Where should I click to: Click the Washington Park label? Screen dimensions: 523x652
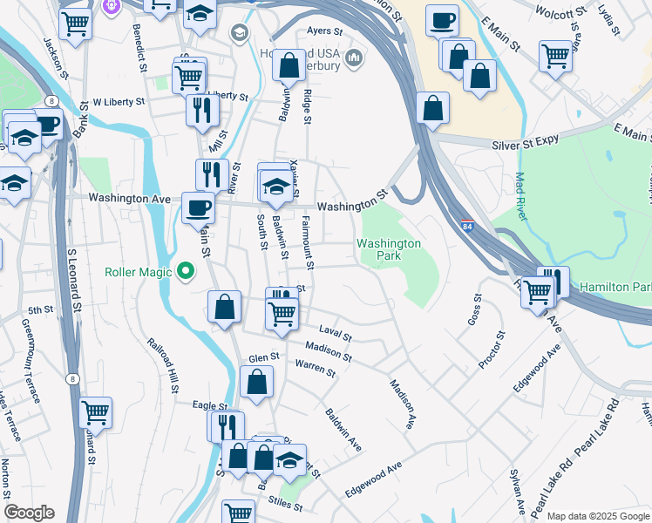(389, 250)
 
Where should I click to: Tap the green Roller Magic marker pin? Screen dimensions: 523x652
(184, 272)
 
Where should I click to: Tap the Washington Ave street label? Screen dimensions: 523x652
(129, 199)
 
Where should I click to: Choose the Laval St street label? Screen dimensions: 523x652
(335, 336)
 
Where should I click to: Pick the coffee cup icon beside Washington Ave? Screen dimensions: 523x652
(199, 207)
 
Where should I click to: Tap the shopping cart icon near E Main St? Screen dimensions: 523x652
(555, 57)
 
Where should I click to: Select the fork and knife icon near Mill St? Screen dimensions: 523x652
(201, 111)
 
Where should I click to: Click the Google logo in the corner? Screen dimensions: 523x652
(29, 513)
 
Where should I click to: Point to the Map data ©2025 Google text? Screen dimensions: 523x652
(598, 516)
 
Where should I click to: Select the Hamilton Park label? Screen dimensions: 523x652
(615, 287)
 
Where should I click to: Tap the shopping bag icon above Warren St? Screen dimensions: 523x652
(256, 382)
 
